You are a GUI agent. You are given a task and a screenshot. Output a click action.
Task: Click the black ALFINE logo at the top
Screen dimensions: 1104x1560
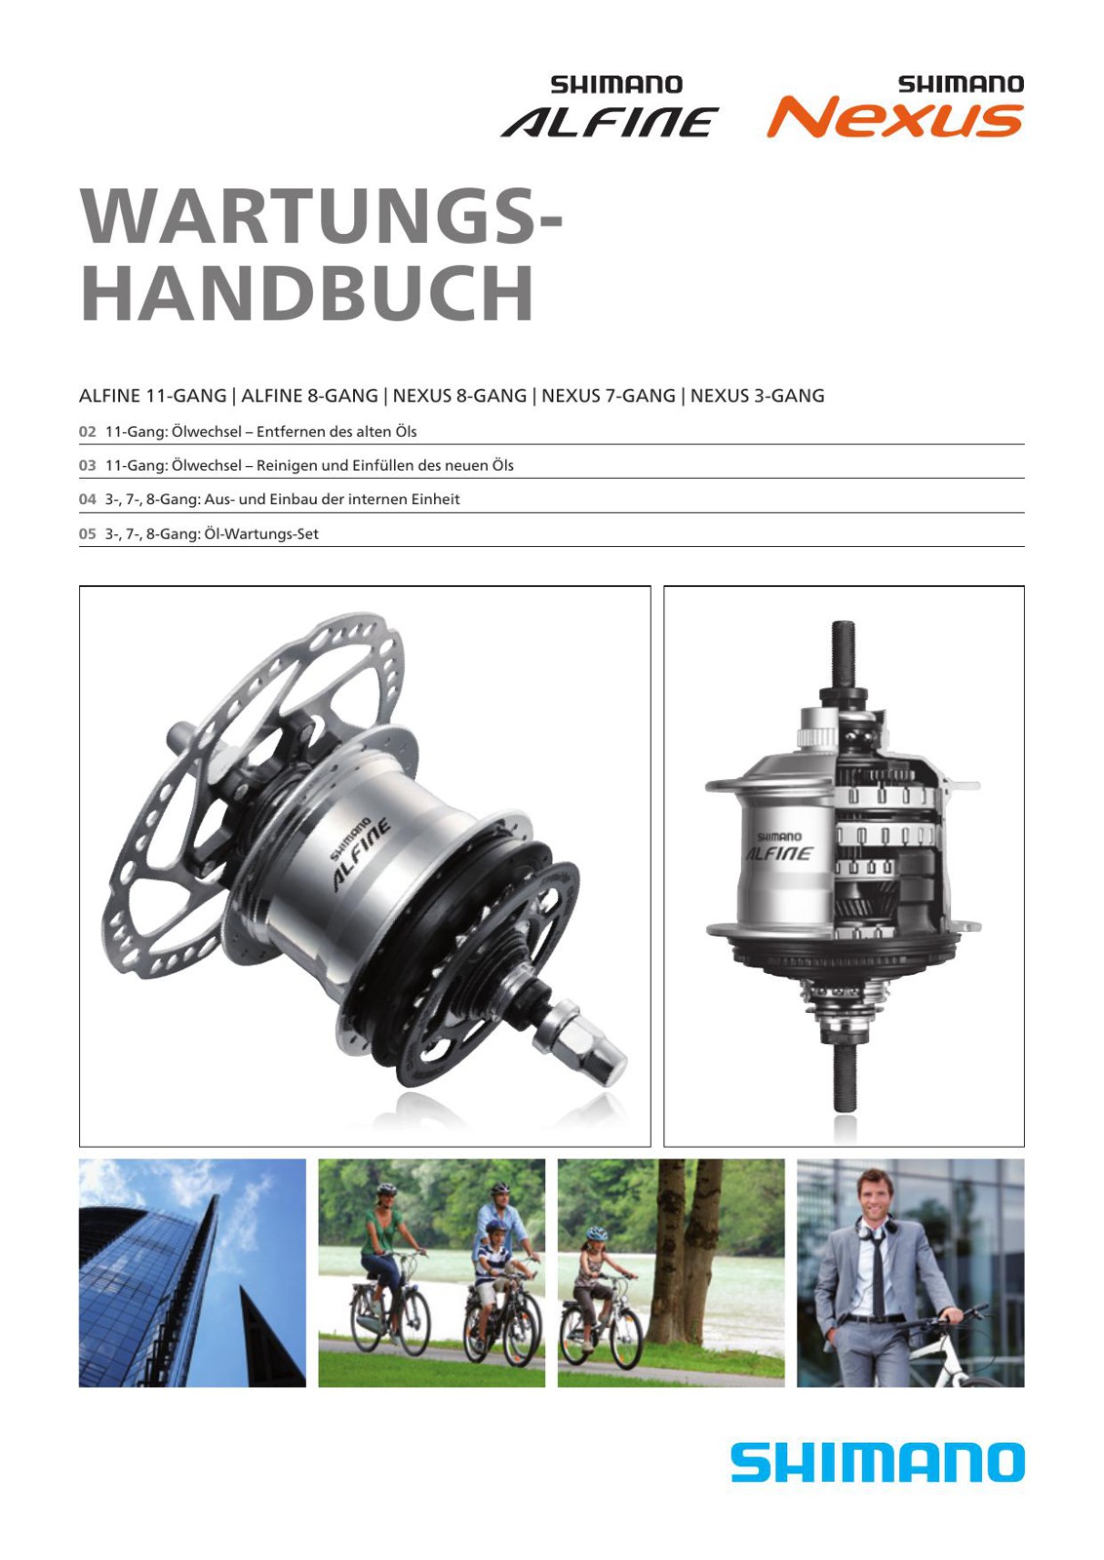point(610,121)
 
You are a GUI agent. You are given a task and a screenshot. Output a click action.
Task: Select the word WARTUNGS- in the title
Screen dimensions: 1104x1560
point(321,214)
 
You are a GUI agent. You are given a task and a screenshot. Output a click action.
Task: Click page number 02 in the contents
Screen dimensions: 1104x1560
point(87,432)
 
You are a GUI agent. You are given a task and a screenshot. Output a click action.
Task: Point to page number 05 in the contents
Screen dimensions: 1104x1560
point(87,534)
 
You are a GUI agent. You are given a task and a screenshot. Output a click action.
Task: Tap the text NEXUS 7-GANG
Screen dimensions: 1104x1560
point(608,396)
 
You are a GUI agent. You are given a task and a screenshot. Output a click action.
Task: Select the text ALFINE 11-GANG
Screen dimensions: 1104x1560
point(152,396)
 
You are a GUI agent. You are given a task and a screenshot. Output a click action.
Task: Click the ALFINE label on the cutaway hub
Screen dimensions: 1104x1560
point(778,853)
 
